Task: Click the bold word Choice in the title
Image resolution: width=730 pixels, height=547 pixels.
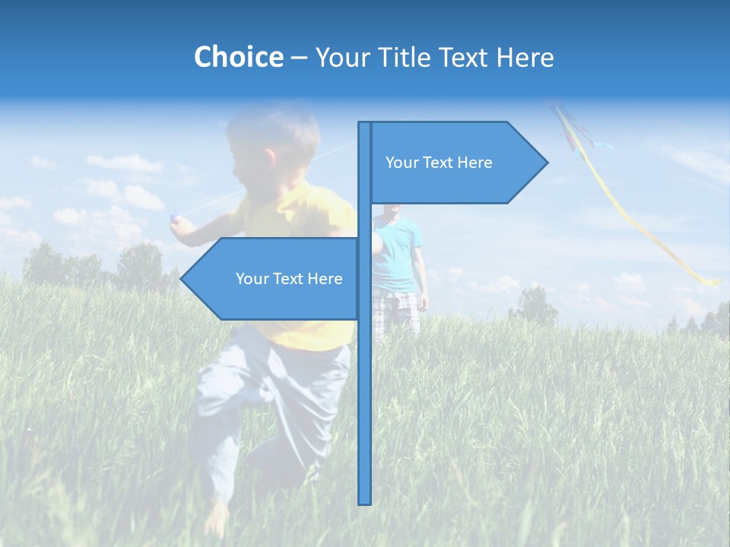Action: pos(238,57)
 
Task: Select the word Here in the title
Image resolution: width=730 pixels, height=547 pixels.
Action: pos(525,57)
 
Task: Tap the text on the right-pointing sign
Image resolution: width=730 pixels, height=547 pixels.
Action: pos(439,163)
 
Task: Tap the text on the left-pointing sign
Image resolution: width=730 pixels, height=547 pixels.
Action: pos(289,279)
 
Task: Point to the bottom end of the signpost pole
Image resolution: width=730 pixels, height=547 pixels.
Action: pos(365,501)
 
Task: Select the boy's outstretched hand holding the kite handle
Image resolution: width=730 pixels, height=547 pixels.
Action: pos(176,220)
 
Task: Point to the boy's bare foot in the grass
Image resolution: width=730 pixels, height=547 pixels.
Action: pos(217,520)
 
